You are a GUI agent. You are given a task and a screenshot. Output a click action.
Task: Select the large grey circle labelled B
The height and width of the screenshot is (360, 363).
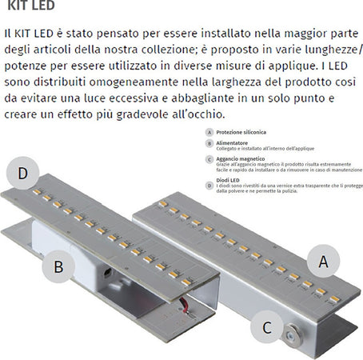click(x=58, y=266)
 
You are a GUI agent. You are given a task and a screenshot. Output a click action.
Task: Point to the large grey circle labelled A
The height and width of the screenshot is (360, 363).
click(x=322, y=259)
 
